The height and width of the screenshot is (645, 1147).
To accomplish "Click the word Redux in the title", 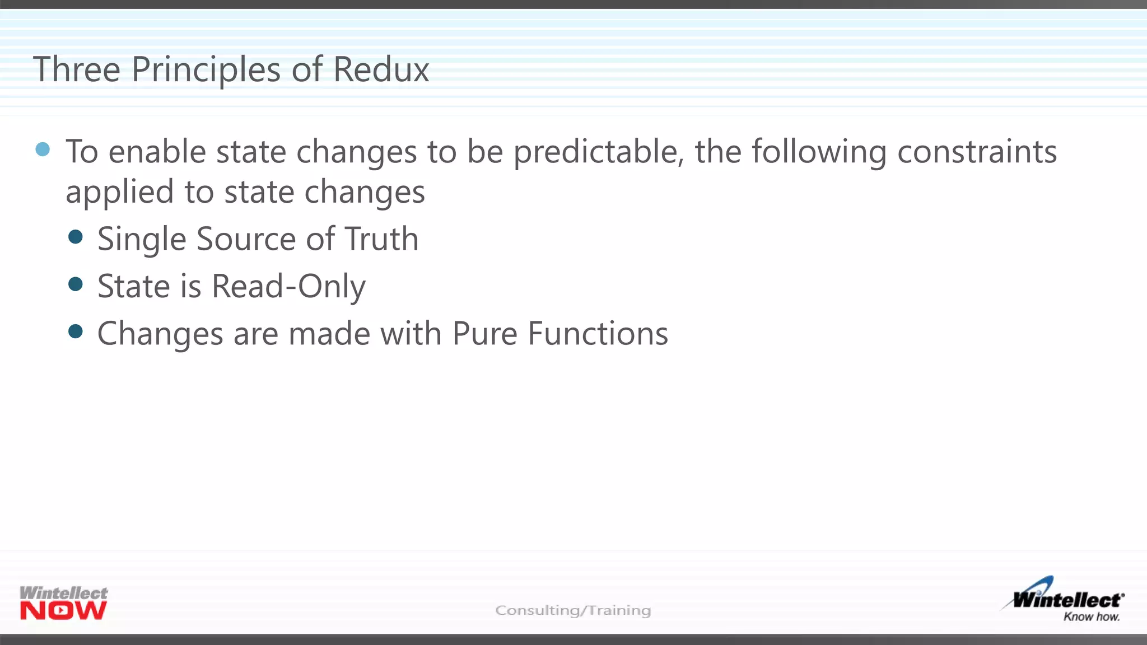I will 381,70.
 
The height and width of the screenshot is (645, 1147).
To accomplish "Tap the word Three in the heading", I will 77,70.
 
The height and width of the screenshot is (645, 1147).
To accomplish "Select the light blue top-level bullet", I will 43,149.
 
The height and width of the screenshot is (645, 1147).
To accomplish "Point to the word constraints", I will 977,152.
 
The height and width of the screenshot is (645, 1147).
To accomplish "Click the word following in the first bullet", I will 819,152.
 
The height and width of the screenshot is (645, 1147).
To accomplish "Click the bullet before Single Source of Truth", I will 75,237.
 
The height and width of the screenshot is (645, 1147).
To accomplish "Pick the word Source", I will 246,239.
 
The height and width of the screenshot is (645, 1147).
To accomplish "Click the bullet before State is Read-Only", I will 75,284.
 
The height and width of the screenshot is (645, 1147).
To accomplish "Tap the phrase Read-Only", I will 288,287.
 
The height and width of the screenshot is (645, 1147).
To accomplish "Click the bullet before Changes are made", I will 75,331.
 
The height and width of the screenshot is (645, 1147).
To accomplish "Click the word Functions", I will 598,334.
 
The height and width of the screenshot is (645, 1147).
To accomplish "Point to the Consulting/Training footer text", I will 573,610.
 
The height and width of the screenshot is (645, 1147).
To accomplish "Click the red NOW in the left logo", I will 63,611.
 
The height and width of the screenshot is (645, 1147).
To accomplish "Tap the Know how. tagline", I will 1091,617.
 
